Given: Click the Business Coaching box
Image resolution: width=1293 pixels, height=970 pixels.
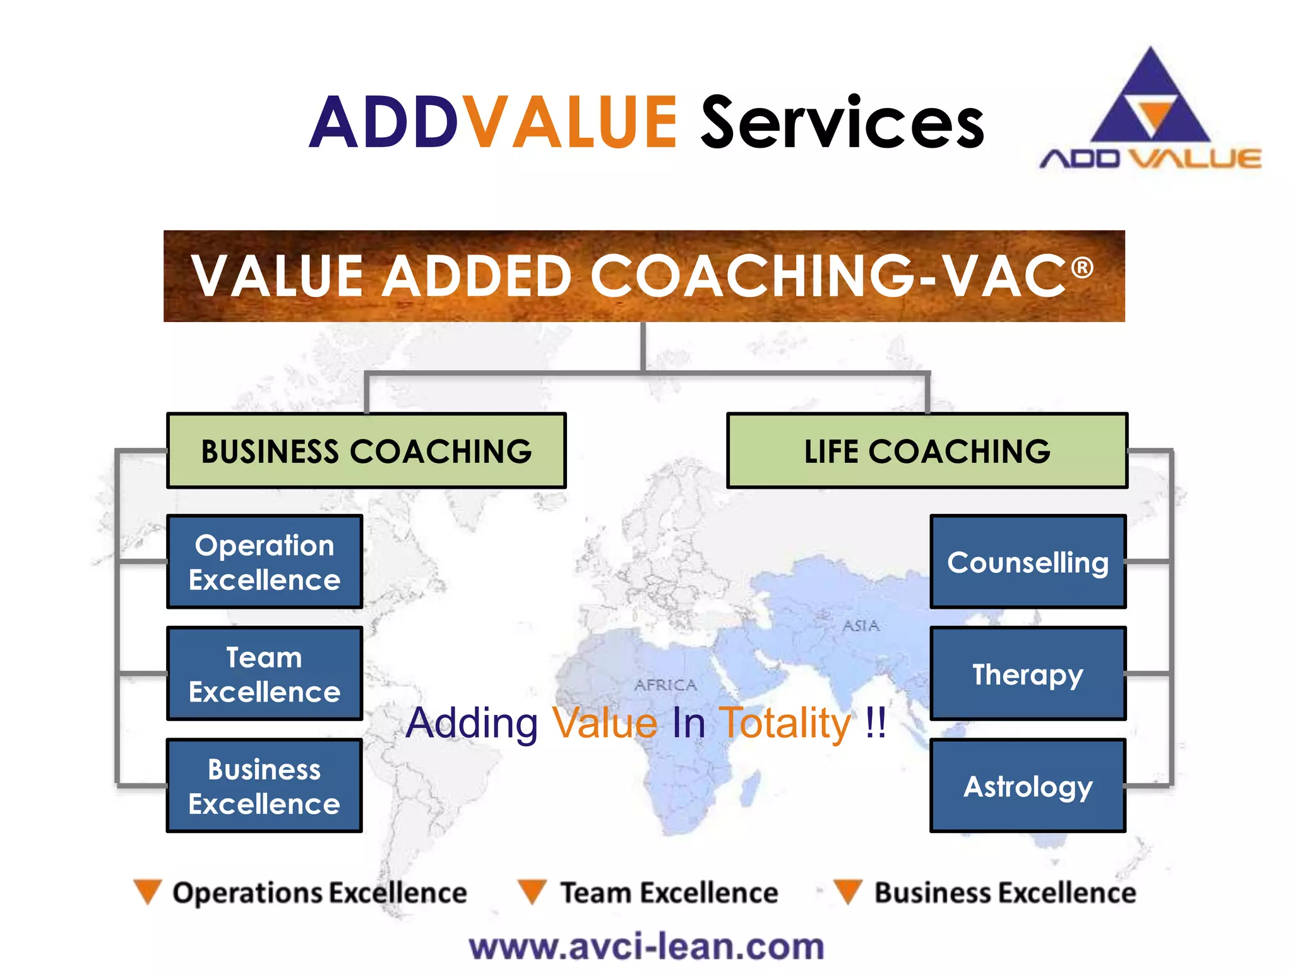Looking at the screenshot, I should [366, 451].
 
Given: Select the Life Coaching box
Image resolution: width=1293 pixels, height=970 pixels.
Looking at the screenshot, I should [927, 451].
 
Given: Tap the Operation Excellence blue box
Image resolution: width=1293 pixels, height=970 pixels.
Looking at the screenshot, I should [265, 562].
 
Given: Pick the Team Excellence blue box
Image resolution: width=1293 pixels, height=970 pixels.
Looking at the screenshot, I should [265, 674].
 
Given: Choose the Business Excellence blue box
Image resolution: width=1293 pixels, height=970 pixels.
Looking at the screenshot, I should [265, 786].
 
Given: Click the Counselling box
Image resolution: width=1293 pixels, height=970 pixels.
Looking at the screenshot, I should [1028, 562].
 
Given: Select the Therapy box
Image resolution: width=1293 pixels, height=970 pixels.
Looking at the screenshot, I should [1028, 674].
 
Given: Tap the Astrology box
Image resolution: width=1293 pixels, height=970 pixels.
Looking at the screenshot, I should [1028, 786].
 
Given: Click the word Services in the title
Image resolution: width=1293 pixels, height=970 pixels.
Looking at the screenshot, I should [843, 123].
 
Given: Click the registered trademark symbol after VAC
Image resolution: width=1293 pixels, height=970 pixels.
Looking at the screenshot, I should [1082, 267].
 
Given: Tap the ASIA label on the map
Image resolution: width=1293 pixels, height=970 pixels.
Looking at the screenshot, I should [861, 626].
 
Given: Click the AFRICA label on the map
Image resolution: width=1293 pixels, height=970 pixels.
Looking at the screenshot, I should [666, 685].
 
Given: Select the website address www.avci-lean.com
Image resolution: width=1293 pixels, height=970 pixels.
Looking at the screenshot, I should [646, 947].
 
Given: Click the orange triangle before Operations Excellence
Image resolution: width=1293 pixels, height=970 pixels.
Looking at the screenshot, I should [148, 891].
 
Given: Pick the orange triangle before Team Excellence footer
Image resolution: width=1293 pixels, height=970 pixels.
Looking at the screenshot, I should [532, 891].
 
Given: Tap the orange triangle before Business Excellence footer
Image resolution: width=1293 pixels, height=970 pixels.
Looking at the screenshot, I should [847, 891].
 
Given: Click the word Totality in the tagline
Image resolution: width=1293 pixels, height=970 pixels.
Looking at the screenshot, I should [785, 723].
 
